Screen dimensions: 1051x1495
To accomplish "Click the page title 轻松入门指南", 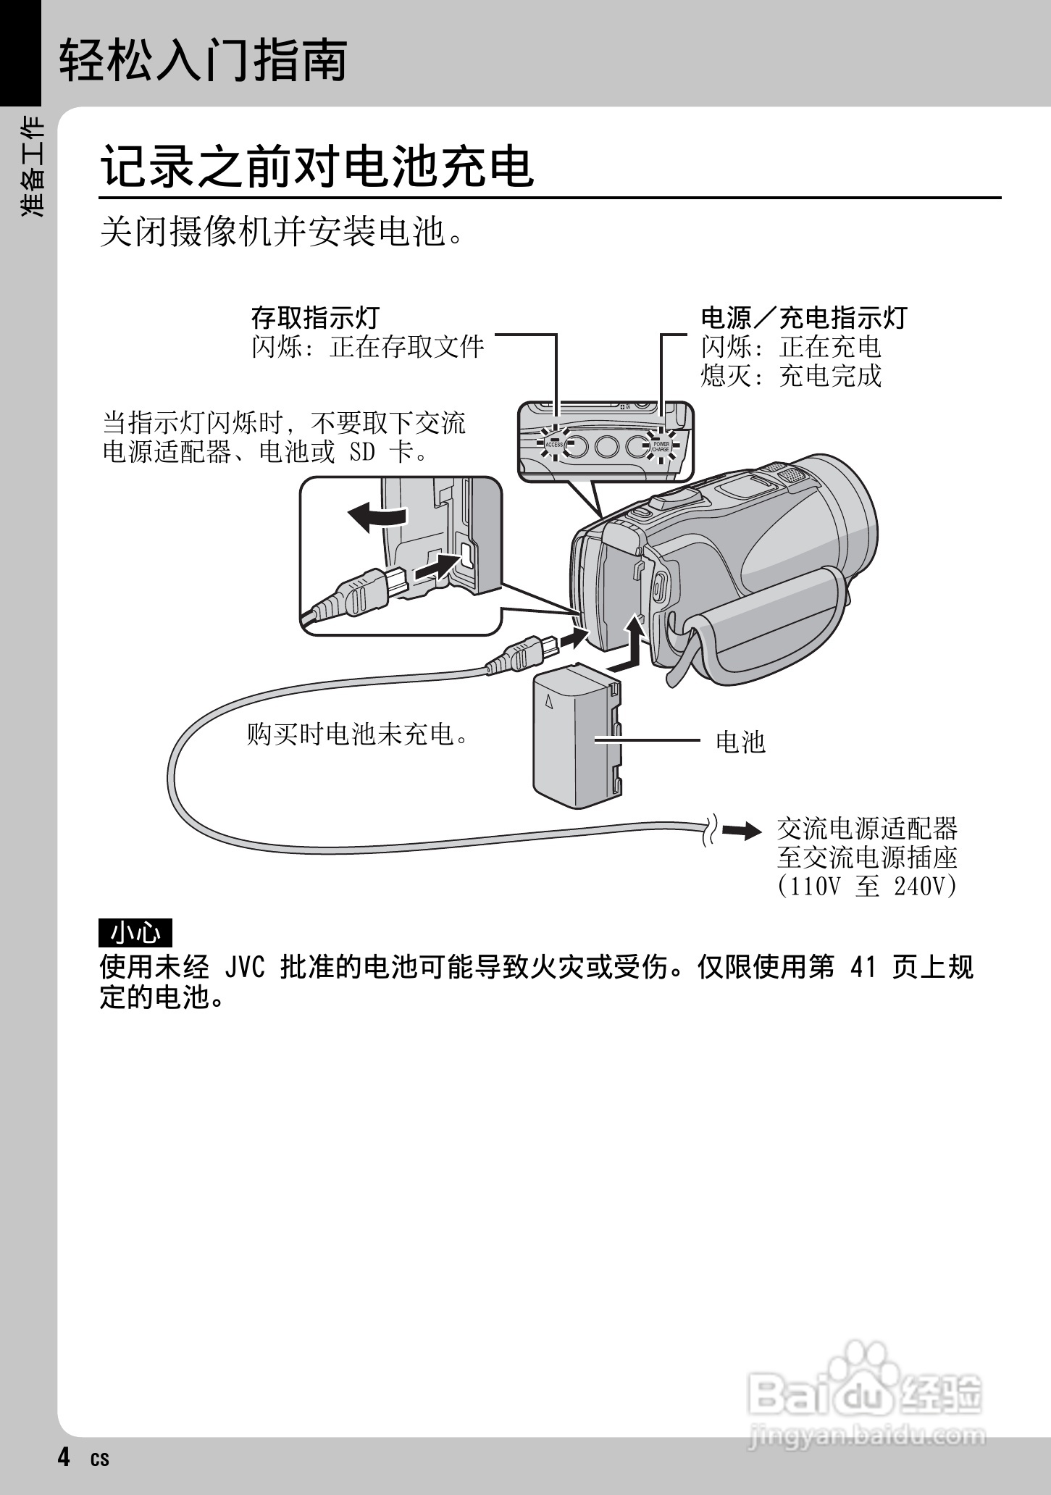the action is tap(203, 60).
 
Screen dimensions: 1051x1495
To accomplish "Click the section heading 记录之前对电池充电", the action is tap(317, 167).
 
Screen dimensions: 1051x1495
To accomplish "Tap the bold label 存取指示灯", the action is tap(315, 317).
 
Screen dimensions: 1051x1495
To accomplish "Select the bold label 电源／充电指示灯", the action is tap(804, 317).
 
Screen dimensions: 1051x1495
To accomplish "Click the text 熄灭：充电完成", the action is tap(791, 376).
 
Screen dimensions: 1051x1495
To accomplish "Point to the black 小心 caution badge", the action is tap(135, 933).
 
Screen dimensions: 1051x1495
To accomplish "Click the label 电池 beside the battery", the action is tap(740, 742).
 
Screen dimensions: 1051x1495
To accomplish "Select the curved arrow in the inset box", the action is tap(377, 517).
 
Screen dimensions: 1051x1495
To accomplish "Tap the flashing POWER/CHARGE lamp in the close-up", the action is tap(660, 445).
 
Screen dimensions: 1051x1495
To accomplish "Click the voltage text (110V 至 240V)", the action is tap(867, 887).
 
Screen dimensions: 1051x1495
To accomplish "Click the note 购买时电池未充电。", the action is tap(359, 734).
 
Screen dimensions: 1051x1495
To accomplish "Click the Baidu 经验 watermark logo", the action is tap(866, 1397).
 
